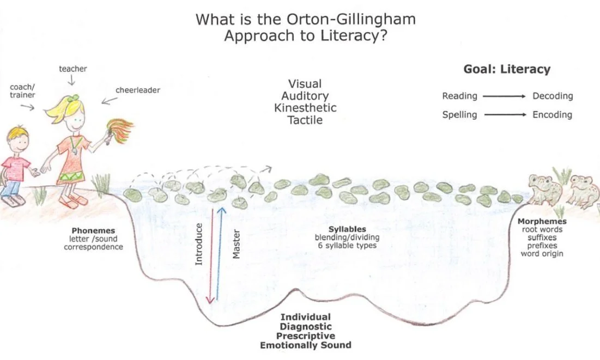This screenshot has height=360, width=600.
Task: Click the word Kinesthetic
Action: [x=305, y=107]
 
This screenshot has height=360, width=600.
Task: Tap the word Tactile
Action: [x=305, y=120]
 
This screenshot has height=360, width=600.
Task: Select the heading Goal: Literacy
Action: [x=507, y=69]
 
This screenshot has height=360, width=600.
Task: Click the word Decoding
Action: [x=553, y=96]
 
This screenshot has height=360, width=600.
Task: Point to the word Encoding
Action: [x=552, y=114]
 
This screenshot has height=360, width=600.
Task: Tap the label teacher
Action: [x=73, y=69]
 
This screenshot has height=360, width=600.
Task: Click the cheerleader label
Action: [x=138, y=90]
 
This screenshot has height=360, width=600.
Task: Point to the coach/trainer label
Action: [x=23, y=91]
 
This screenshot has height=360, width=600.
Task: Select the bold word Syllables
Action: [x=347, y=229]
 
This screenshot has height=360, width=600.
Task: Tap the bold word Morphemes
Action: [x=542, y=222]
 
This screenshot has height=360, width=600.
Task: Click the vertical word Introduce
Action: [x=199, y=244]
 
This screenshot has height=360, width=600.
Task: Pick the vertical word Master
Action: [x=236, y=244]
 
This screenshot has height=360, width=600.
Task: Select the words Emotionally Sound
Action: [x=305, y=345]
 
